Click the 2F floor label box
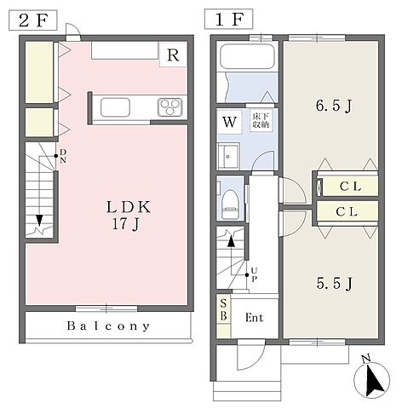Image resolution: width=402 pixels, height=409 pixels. pos(33,20)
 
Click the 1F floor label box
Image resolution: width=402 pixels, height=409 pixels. pos(228,19)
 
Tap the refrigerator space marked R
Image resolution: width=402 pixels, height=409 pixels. pos(173,55)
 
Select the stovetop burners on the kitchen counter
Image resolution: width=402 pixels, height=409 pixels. pos(170,107)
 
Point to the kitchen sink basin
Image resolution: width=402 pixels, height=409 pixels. pos(115,107)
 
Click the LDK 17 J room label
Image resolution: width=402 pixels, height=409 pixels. pos(128,215)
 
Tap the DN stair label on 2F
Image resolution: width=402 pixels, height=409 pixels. pos(63,156)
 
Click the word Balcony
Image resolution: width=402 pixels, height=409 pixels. pos(108,325)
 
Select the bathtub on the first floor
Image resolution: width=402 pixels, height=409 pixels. pos(247,57)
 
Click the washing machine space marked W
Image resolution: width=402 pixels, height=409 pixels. pos(229,122)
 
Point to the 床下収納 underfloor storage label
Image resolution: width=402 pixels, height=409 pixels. pos(261,120)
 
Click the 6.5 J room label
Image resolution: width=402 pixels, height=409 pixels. pos(334,106)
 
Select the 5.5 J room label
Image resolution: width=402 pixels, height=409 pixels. pos(335,283)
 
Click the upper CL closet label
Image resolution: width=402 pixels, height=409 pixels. pos(350,187)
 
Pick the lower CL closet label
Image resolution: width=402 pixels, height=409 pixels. pos(347,211)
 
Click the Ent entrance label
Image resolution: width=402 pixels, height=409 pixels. pos(255,318)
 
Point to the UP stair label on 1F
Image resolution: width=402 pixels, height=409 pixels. pos(254,274)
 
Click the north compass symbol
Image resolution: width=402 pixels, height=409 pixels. pos(372,379)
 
